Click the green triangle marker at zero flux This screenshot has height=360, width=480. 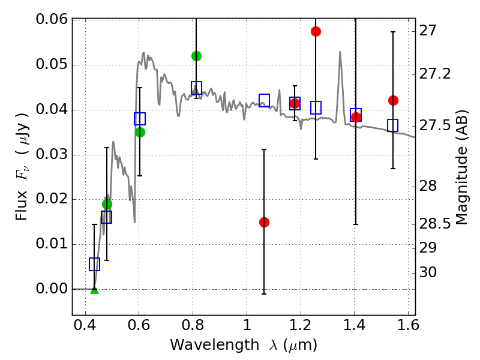point(94,290)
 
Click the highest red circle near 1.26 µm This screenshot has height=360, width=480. point(316,31)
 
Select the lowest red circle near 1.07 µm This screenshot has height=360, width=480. point(264,222)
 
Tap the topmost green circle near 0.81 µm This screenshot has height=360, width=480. point(196,56)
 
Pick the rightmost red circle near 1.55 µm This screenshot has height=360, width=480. point(393,100)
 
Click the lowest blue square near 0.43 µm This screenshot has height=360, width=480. point(94,264)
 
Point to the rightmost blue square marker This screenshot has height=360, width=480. point(393,125)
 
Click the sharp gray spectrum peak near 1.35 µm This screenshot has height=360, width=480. point(340,52)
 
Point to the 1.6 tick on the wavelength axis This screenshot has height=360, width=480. point(407,328)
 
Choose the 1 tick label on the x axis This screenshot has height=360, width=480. point(247,328)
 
